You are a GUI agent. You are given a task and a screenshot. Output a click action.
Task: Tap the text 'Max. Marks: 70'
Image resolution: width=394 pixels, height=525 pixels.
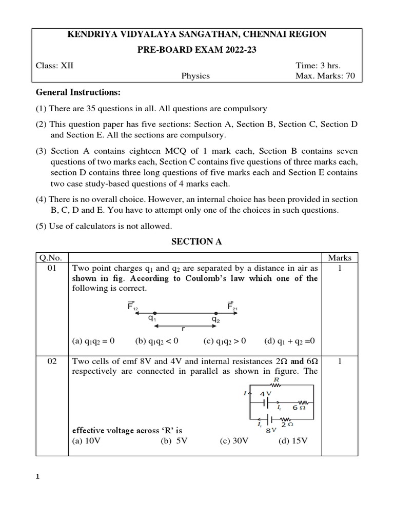click(x=325, y=76)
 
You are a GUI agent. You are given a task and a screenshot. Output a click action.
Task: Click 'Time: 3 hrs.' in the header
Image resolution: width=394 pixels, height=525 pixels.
click(x=318, y=65)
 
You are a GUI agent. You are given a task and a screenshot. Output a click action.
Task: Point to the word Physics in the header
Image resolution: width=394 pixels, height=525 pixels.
click(x=195, y=76)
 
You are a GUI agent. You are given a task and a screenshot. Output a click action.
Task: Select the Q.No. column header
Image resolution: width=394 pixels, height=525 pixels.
click(x=52, y=258)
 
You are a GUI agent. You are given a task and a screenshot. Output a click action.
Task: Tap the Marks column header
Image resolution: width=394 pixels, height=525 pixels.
click(x=339, y=258)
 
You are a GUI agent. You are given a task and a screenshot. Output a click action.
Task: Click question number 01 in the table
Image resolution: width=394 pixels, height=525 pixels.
click(x=52, y=268)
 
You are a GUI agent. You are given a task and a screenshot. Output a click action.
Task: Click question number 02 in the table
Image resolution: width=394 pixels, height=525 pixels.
click(x=52, y=361)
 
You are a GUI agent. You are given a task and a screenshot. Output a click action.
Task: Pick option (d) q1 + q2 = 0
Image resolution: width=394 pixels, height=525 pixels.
click(x=289, y=341)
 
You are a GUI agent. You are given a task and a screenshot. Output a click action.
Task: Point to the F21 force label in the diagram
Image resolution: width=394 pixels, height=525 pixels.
click(x=232, y=306)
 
